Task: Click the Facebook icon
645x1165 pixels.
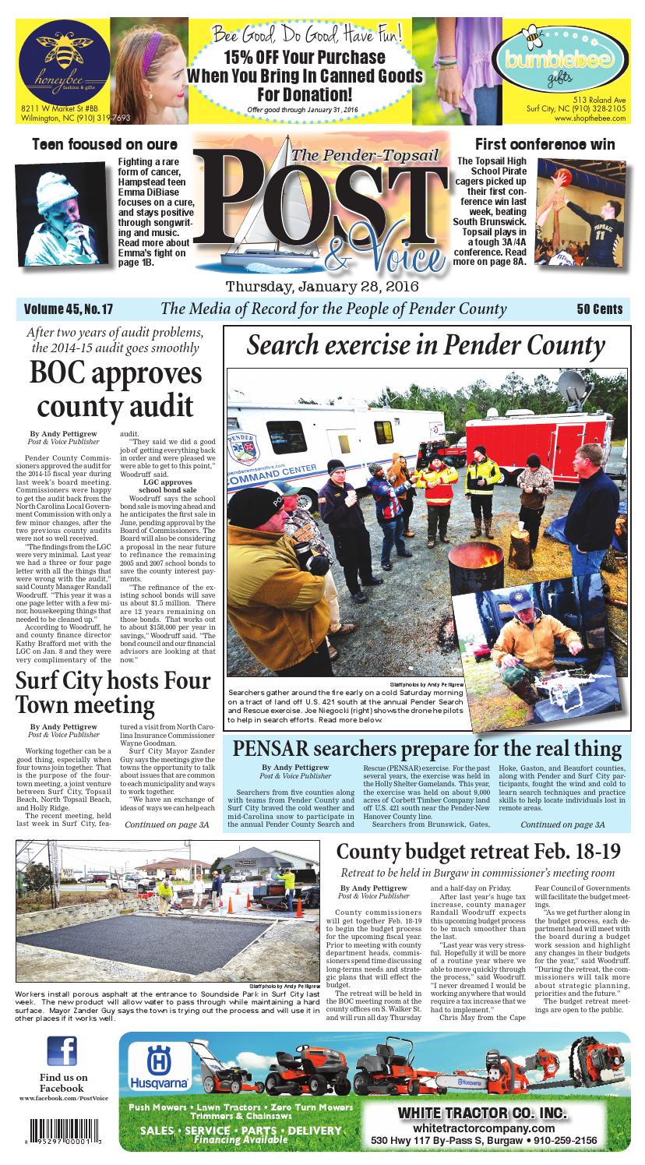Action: (66, 1053)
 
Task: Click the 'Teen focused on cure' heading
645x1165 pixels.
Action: (104, 144)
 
